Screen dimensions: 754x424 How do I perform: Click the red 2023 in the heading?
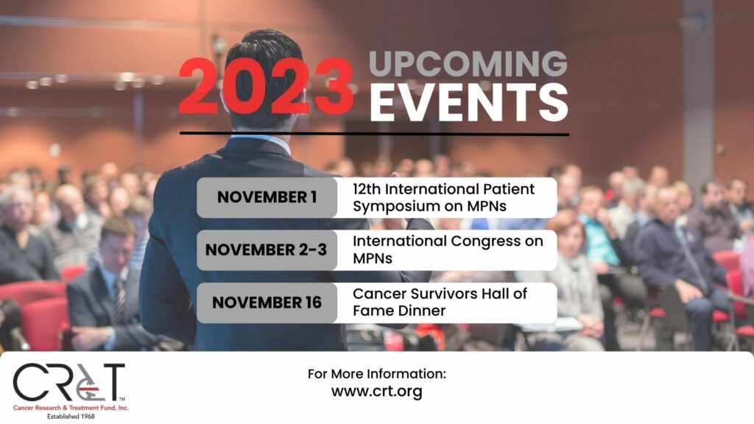point(266,87)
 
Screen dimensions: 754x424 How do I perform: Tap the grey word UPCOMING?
point(468,63)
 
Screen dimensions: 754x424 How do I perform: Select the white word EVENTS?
point(469,102)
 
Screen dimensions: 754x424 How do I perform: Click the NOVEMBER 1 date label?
point(267,197)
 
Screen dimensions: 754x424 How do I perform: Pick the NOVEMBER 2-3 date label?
point(266,250)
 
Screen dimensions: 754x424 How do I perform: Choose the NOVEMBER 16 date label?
point(267,303)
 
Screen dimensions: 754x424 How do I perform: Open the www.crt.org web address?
point(377,392)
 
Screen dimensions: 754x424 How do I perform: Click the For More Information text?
point(377,373)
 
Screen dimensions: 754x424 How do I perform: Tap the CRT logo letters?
point(68,382)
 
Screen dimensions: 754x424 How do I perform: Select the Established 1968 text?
point(71,417)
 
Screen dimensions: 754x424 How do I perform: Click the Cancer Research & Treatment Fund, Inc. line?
point(71,408)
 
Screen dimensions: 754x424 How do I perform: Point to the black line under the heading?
point(375,134)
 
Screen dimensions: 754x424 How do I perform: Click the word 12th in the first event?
point(367,189)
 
